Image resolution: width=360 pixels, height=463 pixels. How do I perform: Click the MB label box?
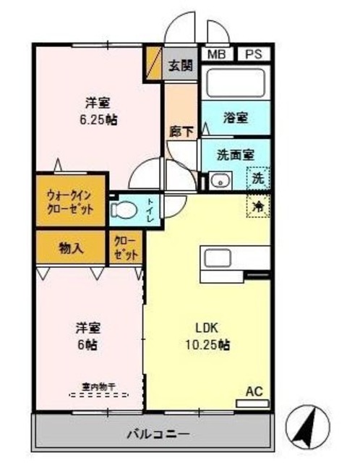pos(216,54)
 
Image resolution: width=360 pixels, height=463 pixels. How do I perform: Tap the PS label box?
pos(253,54)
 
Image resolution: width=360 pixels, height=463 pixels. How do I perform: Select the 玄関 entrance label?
pos(180,65)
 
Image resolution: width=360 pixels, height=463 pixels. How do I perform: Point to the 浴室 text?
pos(236,116)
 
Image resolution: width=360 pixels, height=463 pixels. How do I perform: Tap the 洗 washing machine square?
pos(258,178)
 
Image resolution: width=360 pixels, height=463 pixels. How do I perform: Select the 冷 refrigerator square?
pos(258,205)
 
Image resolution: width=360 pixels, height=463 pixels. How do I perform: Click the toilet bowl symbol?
pos(127,211)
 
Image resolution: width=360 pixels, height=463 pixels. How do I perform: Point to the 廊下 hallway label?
pos(180,132)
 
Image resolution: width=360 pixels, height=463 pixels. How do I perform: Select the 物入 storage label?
pos(70,247)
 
